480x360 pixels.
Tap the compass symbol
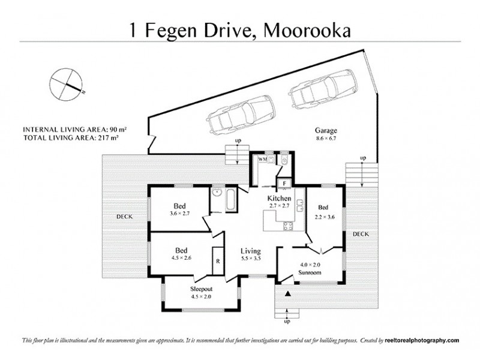pos(66,84)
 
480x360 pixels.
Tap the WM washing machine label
pos(262,160)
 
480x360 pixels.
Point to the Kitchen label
pos(280,199)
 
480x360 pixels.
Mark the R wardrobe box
pos(217,262)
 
